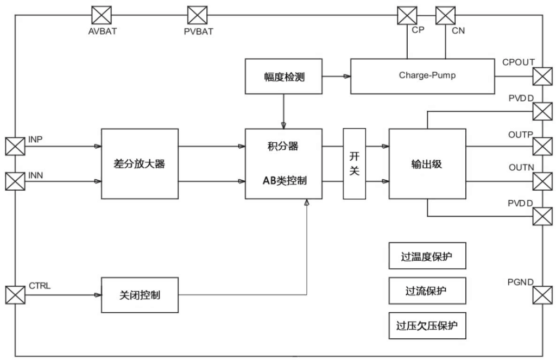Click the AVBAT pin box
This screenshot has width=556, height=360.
(x=102, y=15)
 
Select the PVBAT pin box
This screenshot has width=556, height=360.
(x=197, y=15)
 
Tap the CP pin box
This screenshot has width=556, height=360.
(x=407, y=16)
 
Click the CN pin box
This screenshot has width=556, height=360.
(x=445, y=16)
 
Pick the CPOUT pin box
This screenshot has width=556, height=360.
(x=542, y=76)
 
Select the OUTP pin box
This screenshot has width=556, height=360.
(x=542, y=146)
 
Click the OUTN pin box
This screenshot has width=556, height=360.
(x=542, y=181)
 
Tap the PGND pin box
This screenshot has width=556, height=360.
(x=542, y=295)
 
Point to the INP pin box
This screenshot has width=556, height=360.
(x=15, y=146)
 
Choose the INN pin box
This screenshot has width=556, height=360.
(x=15, y=181)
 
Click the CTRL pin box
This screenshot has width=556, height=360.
(x=15, y=295)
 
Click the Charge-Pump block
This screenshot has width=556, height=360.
(x=422, y=76)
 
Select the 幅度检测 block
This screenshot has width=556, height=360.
(x=283, y=76)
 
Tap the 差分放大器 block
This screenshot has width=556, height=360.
(x=140, y=164)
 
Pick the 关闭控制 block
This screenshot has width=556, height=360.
(x=140, y=295)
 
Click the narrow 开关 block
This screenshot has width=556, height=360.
(x=354, y=164)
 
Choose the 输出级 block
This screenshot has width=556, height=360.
(x=427, y=164)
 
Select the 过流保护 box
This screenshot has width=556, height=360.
(x=427, y=291)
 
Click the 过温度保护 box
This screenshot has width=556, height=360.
(x=427, y=256)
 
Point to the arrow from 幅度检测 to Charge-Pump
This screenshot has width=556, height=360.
(x=337, y=76)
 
